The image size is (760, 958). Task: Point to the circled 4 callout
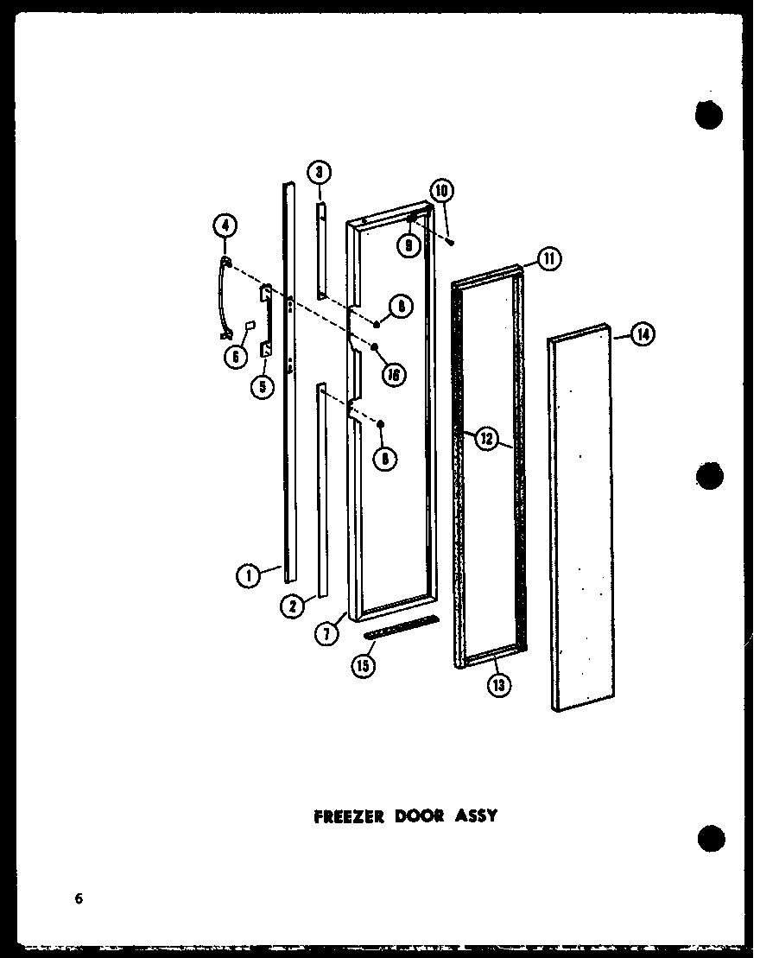click(x=224, y=226)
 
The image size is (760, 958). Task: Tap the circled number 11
click(x=548, y=257)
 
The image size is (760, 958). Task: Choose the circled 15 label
click(x=365, y=666)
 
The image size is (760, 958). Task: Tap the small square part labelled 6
click(x=250, y=326)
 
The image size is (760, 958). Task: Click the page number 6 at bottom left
click(x=79, y=898)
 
